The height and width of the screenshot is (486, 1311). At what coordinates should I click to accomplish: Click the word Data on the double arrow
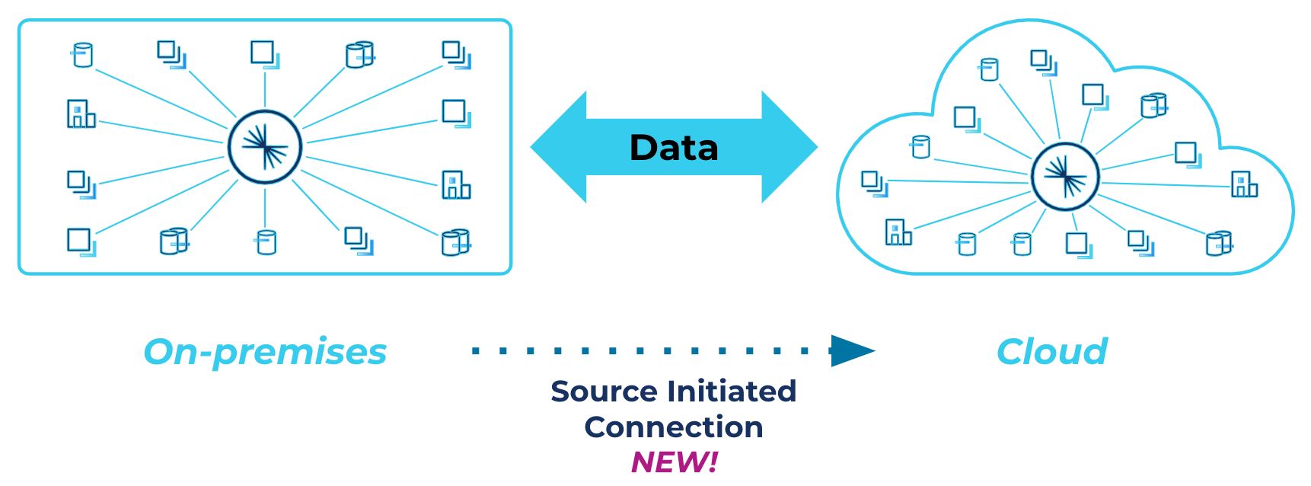[x=674, y=148]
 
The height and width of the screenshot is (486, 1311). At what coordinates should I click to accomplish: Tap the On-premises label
[x=265, y=352]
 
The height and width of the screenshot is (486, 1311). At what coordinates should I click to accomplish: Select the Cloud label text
[x=1052, y=352]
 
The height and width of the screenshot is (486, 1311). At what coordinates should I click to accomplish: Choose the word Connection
[x=674, y=427]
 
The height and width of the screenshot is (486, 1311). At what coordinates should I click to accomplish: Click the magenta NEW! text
[x=675, y=462]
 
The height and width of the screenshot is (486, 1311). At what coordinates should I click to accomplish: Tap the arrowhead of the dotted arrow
[x=853, y=351]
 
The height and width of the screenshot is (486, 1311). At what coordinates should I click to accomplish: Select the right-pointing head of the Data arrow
[x=789, y=148]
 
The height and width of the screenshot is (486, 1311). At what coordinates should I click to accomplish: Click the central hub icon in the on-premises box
[x=265, y=147]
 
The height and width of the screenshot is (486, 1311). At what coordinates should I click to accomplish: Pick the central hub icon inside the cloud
[x=1065, y=177]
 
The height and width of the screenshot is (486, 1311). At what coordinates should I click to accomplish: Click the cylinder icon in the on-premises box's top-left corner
[x=82, y=55]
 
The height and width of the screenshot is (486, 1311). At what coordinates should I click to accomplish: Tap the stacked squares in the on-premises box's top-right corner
[x=457, y=55]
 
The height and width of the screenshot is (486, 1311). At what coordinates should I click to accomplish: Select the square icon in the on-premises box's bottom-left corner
[x=81, y=242]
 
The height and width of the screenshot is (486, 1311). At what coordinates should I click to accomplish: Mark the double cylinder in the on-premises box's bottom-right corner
[x=456, y=242]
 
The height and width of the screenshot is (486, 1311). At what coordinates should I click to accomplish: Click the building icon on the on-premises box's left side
[x=81, y=114]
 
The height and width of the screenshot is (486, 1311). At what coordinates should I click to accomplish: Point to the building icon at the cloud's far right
[x=1245, y=184]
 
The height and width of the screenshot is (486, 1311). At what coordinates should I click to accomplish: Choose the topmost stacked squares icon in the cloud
[x=1044, y=62]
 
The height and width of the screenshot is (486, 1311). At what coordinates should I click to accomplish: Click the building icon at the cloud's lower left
[x=898, y=232]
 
